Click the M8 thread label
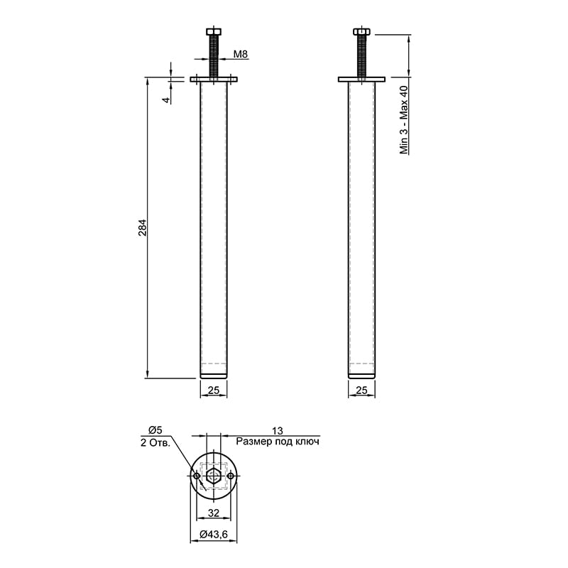click(x=240, y=55)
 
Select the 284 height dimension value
click(x=143, y=228)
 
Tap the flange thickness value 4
click(x=166, y=100)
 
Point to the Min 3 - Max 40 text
click(x=404, y=120)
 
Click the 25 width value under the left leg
click(x=214, y=390)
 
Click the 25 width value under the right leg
click(x=361, y=390)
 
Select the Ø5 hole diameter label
click(x=155, y=430)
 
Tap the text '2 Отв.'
click(x=155, y=442)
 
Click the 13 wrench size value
click(x=277, y=431)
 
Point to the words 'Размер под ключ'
click(x=278, y=442)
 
